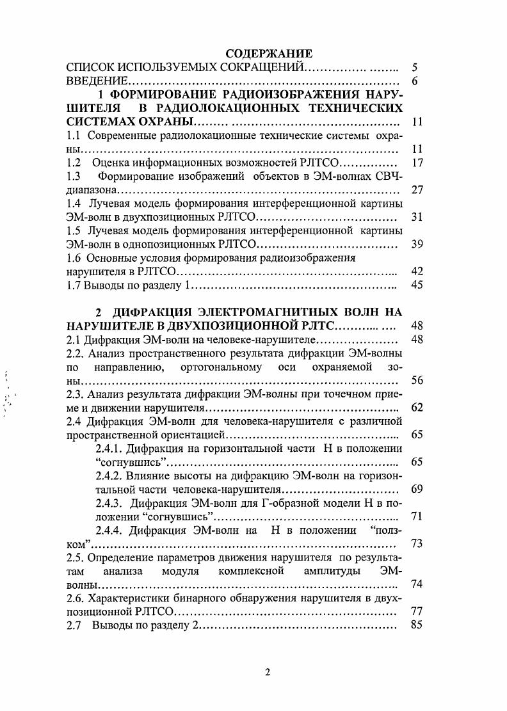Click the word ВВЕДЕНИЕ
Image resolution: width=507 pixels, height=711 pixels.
click(97, 81)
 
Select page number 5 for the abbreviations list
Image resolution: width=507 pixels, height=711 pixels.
click(415, 67)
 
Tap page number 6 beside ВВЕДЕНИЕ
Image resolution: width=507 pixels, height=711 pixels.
click(415, 81)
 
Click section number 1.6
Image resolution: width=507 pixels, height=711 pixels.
click(74, 258)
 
